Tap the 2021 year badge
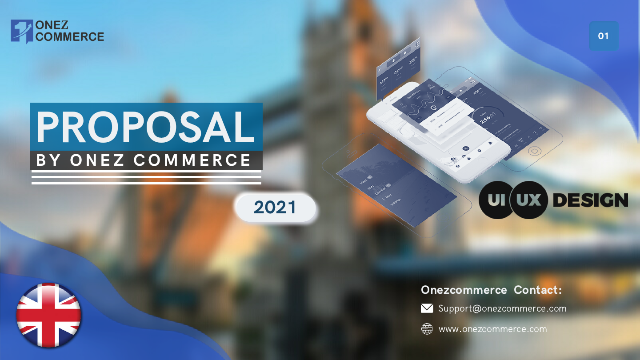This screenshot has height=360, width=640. (x=275, y=208)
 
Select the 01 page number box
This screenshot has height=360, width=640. (x=603, y=36)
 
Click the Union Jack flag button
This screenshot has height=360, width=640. (x=49, y=315)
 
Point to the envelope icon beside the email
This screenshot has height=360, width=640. (x=427, y=308)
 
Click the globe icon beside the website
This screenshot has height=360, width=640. (x=427, y=329)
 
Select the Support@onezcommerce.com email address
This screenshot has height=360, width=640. (x=502, y=308)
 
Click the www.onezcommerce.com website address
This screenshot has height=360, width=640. (x=492, y=329)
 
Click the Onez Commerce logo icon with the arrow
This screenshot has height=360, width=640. (x=21, y=31)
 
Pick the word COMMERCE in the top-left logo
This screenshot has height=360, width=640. (x=70, y=37)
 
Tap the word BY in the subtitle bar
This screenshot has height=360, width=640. (x=48, y=160)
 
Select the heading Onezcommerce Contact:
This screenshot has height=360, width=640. (x=491, y=290)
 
